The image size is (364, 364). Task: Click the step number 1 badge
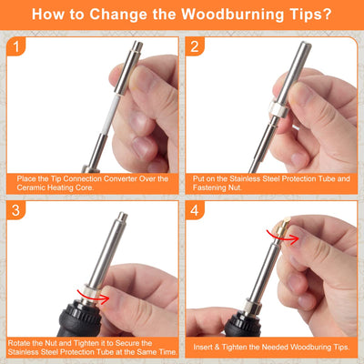tap(15, 46)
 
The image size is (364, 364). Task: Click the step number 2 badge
tap(195, 46)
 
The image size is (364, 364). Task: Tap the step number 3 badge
tap(15, 210)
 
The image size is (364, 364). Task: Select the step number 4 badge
tap(195, 210)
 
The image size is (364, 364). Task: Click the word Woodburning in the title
tap(232, 15)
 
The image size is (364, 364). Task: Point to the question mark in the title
tap(327, 14)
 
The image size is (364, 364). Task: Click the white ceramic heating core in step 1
tap(112, 116)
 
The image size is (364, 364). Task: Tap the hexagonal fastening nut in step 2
tap(278, 108)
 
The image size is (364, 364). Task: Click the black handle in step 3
tap(79, 321)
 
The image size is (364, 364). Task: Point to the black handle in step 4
tap(243, 325)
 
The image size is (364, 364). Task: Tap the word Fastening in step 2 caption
tap(208, 187)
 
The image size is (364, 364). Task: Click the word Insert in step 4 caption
tap(203, 347)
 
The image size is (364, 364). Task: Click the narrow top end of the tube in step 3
tap(123, 217)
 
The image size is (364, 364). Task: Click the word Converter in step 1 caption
tap(121, 178)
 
